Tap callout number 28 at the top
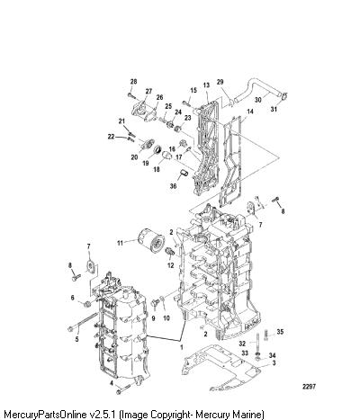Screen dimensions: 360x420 133,82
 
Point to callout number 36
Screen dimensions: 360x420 173,186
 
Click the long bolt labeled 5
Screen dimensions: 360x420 83,322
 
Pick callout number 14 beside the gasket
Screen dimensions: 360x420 250,112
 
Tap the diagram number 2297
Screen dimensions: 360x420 309,387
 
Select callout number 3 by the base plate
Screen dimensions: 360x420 274,363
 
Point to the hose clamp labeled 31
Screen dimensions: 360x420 284,96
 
